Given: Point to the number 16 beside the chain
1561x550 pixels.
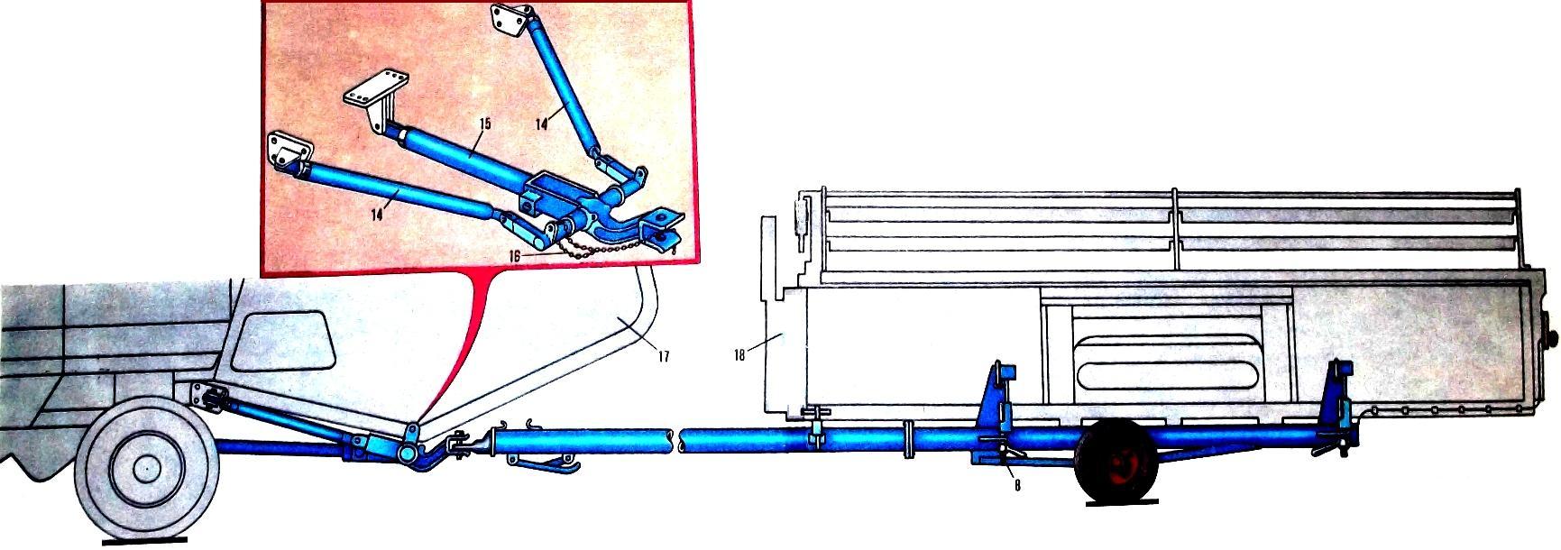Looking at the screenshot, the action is coord(514,256).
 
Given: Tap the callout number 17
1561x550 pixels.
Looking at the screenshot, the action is coord(663,357).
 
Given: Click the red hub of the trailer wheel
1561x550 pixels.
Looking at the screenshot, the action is coord(1121,466).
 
